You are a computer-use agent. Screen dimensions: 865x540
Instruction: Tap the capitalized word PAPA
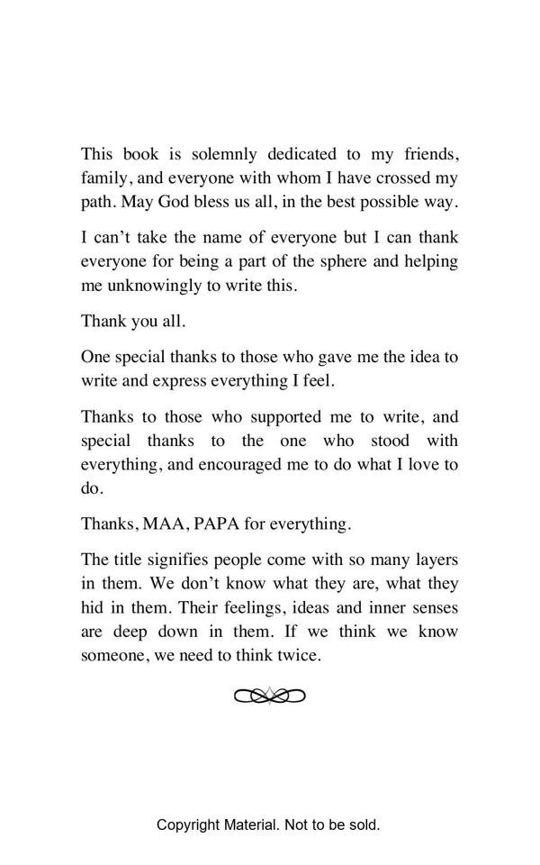219,524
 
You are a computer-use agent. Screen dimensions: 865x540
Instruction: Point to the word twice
299,655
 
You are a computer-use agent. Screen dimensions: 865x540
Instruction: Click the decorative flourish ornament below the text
270,696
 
